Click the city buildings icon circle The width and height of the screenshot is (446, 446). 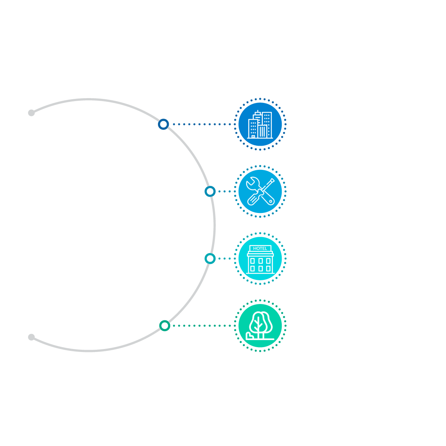260,124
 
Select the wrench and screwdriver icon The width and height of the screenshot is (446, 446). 260,191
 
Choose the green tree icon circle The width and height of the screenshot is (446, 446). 260,326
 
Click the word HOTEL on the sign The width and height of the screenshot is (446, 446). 260,248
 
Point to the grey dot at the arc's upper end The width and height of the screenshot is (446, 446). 31,113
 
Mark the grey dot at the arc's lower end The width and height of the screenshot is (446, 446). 31,337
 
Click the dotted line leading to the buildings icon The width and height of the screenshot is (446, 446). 202,124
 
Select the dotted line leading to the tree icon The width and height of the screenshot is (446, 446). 202,326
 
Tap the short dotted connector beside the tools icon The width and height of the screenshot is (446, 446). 224,191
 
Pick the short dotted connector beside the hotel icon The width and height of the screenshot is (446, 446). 224,259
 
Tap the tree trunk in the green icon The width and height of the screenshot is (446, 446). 261,335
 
